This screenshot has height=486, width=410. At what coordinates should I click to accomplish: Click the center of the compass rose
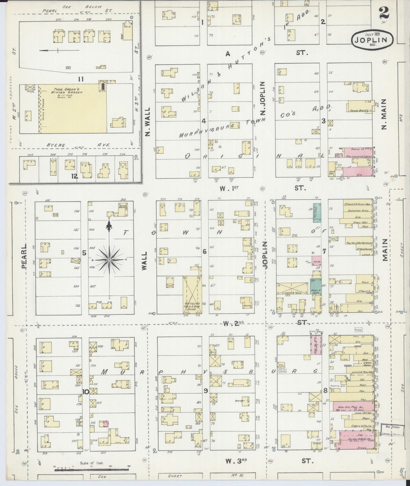coord(109,260)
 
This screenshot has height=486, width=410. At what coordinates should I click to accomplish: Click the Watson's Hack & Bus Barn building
coord(192,295)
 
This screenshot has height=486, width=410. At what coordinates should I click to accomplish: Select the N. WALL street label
coord(147,122)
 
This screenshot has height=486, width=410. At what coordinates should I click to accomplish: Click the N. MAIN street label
coord(384,114)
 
